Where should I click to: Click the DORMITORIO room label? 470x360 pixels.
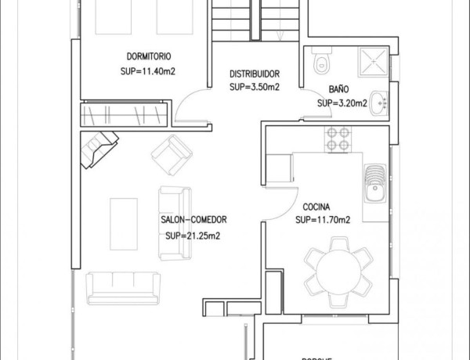tap(149, 56)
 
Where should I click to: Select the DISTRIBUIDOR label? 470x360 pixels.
tap(255, 74)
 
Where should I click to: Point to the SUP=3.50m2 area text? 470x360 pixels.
tap(255, 87)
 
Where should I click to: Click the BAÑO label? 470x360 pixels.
tap(338, 89)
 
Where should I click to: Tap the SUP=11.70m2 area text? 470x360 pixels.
tap(323, 220)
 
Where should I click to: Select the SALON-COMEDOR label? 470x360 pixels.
tap(193, 221)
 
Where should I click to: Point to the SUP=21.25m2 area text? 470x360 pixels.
tap(193, 235)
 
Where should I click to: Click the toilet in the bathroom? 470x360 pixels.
tap(320, 61)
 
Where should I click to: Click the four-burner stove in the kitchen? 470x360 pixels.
tap(338, 139)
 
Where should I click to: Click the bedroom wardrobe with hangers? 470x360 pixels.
tap(125, 114)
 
